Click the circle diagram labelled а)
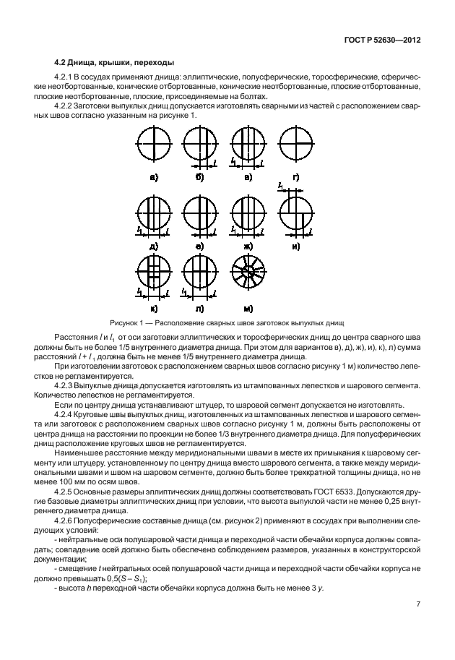pyautogui.click(x=154, y=145)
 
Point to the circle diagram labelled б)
pyautogui.click(x=200, y=145)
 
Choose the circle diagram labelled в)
pyautogui.click(x=246, y=145)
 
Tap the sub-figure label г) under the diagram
pyautogui.click(x=295, y=176)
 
